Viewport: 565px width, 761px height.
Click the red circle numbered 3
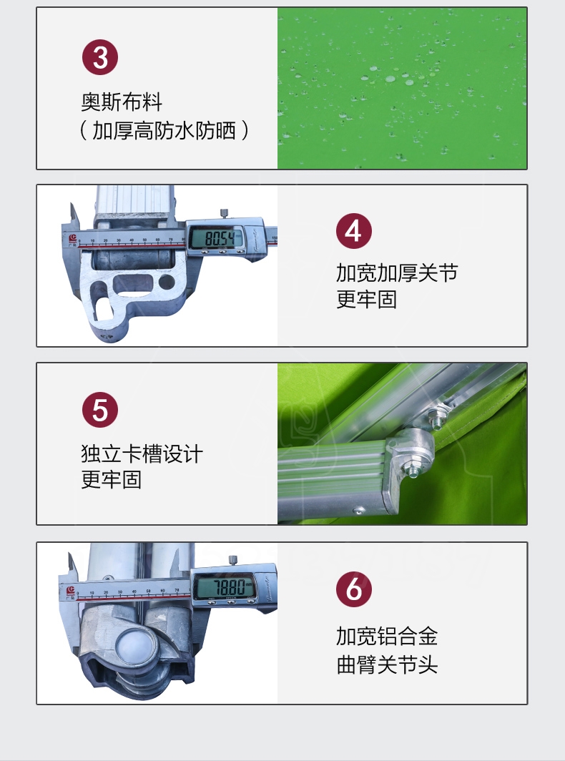pyautogui.click(x=100, y=57)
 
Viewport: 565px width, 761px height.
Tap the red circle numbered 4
pyautogui.click(x=354, y=231)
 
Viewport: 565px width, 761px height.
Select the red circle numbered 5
pyautogui.click(x=100, y=410)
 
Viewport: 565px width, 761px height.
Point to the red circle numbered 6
pyautogui.click(x=354, y=589)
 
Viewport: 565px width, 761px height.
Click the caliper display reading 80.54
pyautogui.click(x=217, y=238)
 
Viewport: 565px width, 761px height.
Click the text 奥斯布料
pyautogui.click(x=122, y=102)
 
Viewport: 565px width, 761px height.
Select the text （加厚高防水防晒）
pyautogui.click(x=164, y=131)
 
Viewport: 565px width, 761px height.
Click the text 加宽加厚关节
pyautogui.click(x=397, y=273)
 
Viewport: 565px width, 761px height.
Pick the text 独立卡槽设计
pyautogui.click(x=142, y=454)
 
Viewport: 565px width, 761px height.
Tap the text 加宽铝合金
pyautogui.click(x=387, y=637)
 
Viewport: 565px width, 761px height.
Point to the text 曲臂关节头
pyautogui.click(x=387, y=664)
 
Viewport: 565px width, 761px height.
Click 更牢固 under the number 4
pyautogui.click(x=366, y=300)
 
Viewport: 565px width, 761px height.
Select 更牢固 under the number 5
pyautogui.click(x=111, y=479)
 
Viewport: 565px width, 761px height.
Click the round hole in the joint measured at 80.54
pyautogui.click(x=167, y=282)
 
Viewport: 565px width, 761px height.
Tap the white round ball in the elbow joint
pyautogui.click(x=132, y=647)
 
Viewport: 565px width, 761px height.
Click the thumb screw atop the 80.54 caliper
pyautogui.click(x=224, y=213)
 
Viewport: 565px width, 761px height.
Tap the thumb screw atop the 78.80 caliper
pyautogui.click(x=233, y=560)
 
